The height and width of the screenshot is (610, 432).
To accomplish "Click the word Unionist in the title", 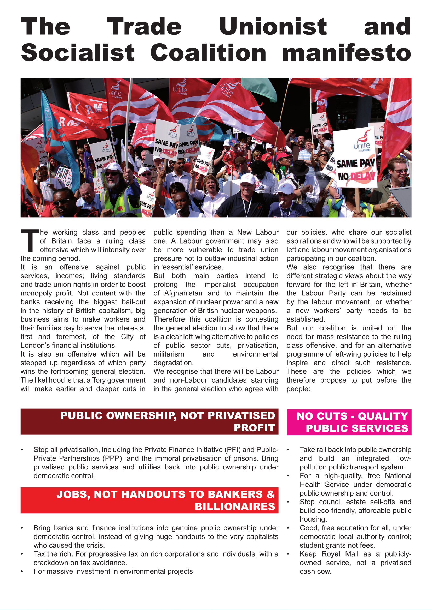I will [x=273, y=27].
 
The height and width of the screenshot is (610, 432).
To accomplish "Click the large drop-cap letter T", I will [x=30, y=241].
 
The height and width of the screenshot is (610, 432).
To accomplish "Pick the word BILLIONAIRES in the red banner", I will [x=235, y=507].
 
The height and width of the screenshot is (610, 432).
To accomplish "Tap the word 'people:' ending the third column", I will [x=298, y=389].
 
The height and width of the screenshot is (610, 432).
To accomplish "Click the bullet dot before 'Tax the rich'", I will [x=22, y=554].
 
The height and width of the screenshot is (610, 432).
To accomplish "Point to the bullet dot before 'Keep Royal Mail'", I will [x=288, y=554].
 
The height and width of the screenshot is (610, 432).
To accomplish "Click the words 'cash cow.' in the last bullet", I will [x=315, y=571].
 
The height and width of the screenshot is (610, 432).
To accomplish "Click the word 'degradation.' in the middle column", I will [x=173, y=363].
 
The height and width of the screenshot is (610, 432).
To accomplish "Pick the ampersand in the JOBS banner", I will [x=270, y=494].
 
